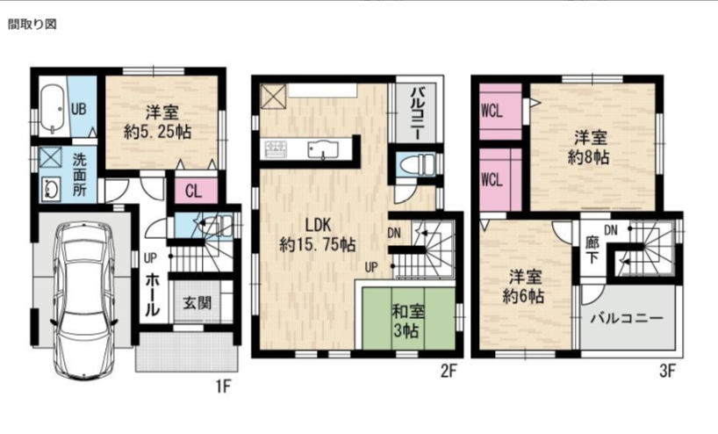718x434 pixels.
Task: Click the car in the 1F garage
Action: click(x=83, y=301)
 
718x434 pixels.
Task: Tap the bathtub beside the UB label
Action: click(x=54, y=109)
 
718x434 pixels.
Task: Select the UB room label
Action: click(x=78, y=109)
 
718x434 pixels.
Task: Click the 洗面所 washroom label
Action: click(x=79, y=175)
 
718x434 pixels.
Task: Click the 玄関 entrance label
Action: click(x=197, y=303)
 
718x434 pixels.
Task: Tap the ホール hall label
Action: click(x=153, y=294)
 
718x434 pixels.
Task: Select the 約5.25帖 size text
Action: click(x=157, y=132)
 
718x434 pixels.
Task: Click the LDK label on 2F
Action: click(x=318, y=225)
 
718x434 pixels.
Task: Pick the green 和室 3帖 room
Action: click(x=409, y=319)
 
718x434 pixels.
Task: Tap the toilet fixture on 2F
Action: click(x=416, y=164)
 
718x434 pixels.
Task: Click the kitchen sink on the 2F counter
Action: click(x=323, y=149)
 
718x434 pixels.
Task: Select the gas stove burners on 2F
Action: click(x=276, y=147)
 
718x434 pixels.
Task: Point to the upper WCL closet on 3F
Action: click(x=500, y=112)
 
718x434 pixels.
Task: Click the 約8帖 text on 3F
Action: click(x=588, y=157)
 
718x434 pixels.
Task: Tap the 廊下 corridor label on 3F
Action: click(x=592, y=250)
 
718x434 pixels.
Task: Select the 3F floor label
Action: click(x=667, y=370)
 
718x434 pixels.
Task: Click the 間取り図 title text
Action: click(x=32, y=25)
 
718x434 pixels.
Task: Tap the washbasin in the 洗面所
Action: click(x=50, y=188)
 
